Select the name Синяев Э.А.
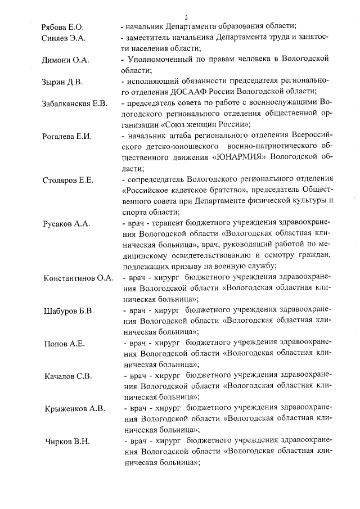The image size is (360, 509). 63,38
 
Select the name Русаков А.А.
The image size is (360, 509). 65,223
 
